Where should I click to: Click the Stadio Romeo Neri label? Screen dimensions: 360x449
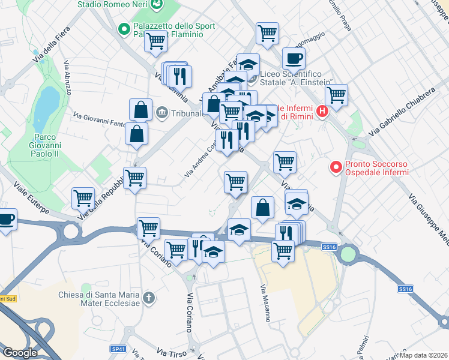[x=113, y=5]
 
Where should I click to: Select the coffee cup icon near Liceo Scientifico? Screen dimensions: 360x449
[x=294, y=59]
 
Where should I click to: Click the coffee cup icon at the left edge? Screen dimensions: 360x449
[x=6, y=219]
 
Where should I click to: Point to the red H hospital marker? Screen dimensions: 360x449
[x=323, y=111]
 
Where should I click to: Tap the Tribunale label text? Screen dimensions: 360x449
[x=184, y=113]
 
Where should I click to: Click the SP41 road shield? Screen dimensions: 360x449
[x=119, y=349]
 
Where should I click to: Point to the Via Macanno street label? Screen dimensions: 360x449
[x=264, y=303]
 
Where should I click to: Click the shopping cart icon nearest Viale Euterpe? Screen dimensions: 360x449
[x=82, y=197]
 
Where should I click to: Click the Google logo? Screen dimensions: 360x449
[x=20, y=352]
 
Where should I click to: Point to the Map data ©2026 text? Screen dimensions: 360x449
[x=424, y=355]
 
